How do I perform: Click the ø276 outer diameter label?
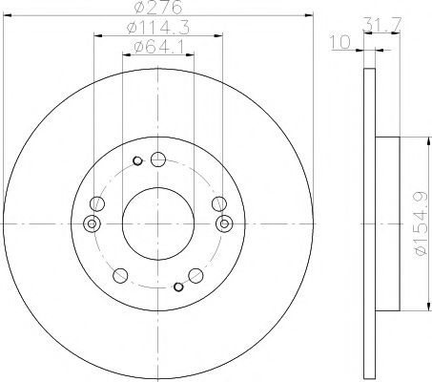coord(157,9)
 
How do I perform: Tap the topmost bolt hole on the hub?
coord(158,160)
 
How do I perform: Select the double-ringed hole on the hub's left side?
coord(92,223)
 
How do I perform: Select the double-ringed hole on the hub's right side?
coord(225,223)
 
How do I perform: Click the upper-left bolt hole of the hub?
coord(97,202)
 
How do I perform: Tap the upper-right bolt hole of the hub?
coord(218,202)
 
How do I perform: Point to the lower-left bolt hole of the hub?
coord(119,276)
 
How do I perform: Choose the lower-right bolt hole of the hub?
coord(197,276)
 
